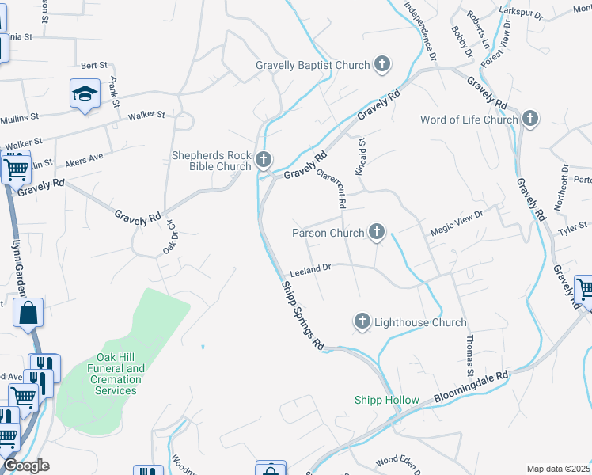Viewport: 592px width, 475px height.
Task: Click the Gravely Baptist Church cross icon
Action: click(382, 65)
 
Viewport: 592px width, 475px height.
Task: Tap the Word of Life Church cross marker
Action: click(529, 120)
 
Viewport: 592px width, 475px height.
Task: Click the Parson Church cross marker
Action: click(377, 233)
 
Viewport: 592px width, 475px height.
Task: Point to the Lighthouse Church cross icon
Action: click(362, 322)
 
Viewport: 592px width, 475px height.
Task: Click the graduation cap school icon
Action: click(82, 94)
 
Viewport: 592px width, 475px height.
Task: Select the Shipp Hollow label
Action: click(386, 400)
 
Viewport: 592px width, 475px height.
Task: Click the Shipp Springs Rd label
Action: click(304, 317)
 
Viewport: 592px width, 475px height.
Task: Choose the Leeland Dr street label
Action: click(309, 270)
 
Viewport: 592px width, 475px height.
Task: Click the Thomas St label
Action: click(469, 355)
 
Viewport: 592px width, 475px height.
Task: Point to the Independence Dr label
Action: click(419, 30)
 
